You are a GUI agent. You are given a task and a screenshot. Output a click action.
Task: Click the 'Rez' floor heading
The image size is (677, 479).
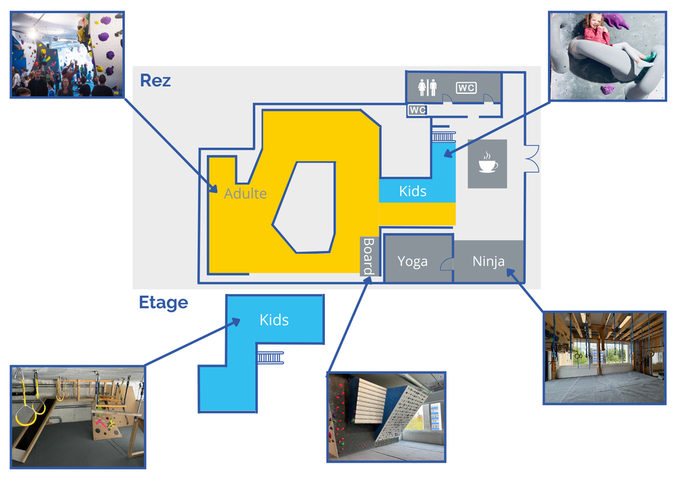click(155, 82)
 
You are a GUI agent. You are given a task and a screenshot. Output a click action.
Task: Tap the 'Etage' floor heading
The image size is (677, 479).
click(163, 303)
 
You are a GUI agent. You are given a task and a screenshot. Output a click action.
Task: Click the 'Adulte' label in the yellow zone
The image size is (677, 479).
click(245, 194)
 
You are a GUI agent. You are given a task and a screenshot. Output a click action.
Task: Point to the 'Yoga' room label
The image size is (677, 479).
click(412, 262)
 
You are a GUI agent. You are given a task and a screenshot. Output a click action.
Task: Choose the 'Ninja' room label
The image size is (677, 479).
click(489, 262)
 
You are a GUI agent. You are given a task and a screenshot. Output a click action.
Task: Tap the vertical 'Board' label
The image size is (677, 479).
click(368, 256)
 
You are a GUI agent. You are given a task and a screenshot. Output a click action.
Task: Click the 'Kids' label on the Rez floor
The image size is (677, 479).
click(412, 191)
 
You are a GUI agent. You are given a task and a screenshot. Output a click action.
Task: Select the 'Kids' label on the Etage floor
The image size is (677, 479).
click(274, 320)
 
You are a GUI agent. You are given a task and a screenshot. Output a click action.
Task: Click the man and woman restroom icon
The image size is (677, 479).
click(428, 87)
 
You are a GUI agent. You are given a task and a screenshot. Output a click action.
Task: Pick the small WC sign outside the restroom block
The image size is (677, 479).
click(417, 110)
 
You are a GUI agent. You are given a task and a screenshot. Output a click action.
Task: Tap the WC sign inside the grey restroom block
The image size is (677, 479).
click(466, 87)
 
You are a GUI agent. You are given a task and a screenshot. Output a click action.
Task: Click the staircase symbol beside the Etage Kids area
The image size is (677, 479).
click(271, 357)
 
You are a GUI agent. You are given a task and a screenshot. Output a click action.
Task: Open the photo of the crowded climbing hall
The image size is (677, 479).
click(67, 54)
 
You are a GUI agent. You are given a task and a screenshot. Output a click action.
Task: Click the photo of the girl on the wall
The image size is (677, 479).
click(606, 56)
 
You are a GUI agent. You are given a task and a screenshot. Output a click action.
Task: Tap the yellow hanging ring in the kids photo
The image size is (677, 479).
click(26, 414)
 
